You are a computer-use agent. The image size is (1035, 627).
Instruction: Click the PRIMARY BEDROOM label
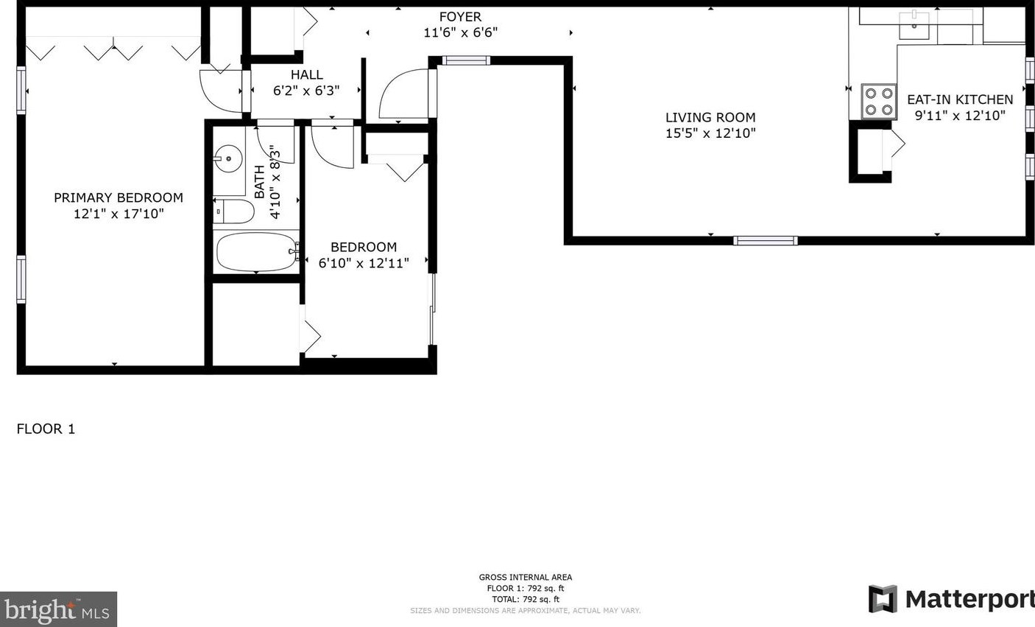119,197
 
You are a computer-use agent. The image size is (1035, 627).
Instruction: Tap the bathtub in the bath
256,252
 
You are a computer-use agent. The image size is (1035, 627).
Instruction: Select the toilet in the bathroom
234,211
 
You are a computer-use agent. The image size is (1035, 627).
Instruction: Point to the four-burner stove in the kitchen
878,102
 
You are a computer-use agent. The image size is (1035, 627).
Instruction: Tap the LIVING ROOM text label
710,117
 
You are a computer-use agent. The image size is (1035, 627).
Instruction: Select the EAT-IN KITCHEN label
960,99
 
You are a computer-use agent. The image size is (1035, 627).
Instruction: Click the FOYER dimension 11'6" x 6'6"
460,32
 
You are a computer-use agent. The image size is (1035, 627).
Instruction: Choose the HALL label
306,74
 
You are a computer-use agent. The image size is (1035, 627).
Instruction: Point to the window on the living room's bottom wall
766,240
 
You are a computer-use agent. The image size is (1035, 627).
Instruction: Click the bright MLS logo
58,610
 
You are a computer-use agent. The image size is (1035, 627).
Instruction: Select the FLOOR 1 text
46,429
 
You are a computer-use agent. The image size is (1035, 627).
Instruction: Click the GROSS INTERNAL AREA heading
525,578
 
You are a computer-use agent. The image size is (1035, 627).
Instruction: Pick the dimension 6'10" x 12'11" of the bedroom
364,263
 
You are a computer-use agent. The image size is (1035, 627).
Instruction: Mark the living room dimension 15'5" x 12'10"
710,133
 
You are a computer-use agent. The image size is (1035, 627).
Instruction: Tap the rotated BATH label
260,181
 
